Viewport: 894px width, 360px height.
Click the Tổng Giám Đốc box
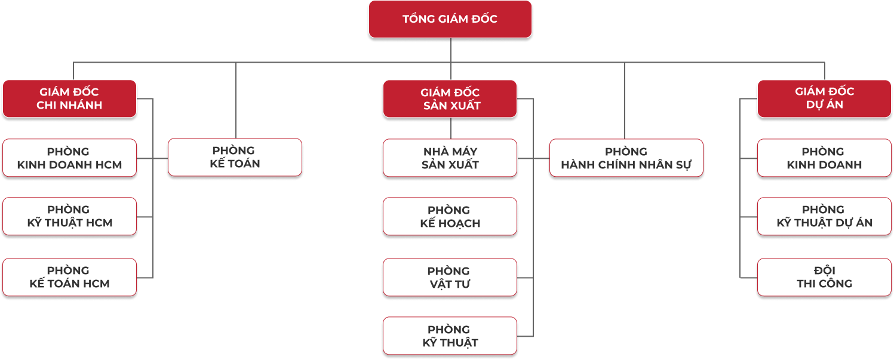pyautogui.click(x=450, y=19)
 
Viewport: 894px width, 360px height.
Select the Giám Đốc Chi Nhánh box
pyautogui.click(x=69, y=99)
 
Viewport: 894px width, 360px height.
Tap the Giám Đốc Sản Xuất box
pyautogui.click(x=450, y=99)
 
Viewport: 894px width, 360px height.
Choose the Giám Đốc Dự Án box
pyautogui.click(x=824, y=98)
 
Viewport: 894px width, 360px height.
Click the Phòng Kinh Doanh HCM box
pyautogui.click(x=69, y=158)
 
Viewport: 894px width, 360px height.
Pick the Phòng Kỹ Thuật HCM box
pyautogui.click(x=69, y=216)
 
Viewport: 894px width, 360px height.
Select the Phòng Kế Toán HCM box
pyautogui.click(x=69, y=277)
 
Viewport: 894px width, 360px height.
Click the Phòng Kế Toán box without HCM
pyautogui.click(x=235, y=157)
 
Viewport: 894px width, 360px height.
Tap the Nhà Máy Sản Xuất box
pyautogui.click(x=450, y=158)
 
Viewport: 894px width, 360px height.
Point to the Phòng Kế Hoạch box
pyautogui.click(x=450, y=217)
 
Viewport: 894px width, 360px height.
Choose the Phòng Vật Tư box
pyautogui.click(x=450, y=278)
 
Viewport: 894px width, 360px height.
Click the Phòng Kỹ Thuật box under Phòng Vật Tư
pyautogui.click(x=450, y=336)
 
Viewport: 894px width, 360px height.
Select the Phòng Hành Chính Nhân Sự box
pyautogui.click(x=626, y=158)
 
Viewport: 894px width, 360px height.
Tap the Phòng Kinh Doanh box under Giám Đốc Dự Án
pyautogui.click(x=824, y=158)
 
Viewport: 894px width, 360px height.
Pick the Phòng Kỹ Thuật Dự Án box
pyautogui.click(x=824, y=216)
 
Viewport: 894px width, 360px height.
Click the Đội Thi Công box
pyautogui.click(x=824, y=277)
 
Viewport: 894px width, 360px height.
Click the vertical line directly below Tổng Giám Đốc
pyautogui.click(x=450, y=50)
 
